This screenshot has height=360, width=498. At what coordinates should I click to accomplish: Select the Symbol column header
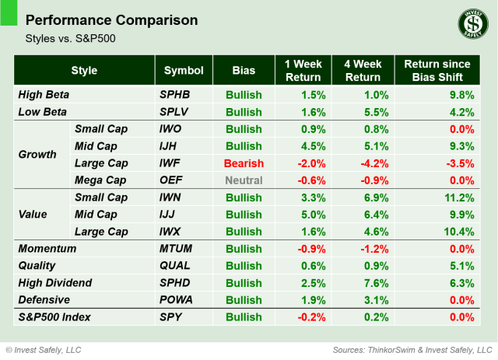tap(183, 71)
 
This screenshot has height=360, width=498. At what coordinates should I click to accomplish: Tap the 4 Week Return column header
tap(362, 71)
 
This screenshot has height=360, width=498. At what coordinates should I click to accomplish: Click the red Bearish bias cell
tap(244, 163)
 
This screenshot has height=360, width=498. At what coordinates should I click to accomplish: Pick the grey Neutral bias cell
tap(244, 180)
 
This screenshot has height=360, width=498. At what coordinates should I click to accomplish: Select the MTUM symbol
tap(177, 248)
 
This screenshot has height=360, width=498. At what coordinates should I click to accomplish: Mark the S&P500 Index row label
tap(56, 316)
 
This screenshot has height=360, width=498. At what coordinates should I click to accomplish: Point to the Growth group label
tap(37, 154)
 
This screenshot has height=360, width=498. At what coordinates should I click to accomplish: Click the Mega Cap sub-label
tap(100, 180)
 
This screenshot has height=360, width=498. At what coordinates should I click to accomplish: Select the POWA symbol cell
tap(177, 299)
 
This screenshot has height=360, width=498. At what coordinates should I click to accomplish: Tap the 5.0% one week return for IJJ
tap(314, 214)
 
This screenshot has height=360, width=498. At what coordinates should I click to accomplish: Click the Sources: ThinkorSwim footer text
tap(412, 349)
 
